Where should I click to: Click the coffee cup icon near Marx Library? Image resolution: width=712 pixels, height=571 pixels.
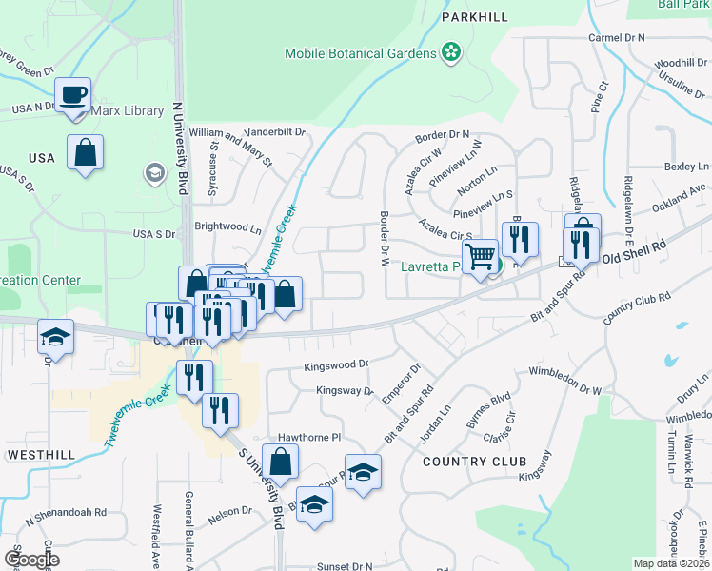click(73, 95)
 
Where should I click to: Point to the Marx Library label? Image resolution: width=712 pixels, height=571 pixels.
click(127, 111)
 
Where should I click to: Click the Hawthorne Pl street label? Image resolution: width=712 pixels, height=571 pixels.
click(308, 439)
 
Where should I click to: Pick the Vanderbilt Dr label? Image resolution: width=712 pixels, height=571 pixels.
click(273, 131)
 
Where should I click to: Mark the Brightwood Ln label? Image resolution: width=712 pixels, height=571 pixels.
click(227, 228)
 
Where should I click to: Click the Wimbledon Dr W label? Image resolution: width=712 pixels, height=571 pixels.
click(565, 381)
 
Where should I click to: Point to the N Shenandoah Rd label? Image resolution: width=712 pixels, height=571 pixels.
click(66, 512)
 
